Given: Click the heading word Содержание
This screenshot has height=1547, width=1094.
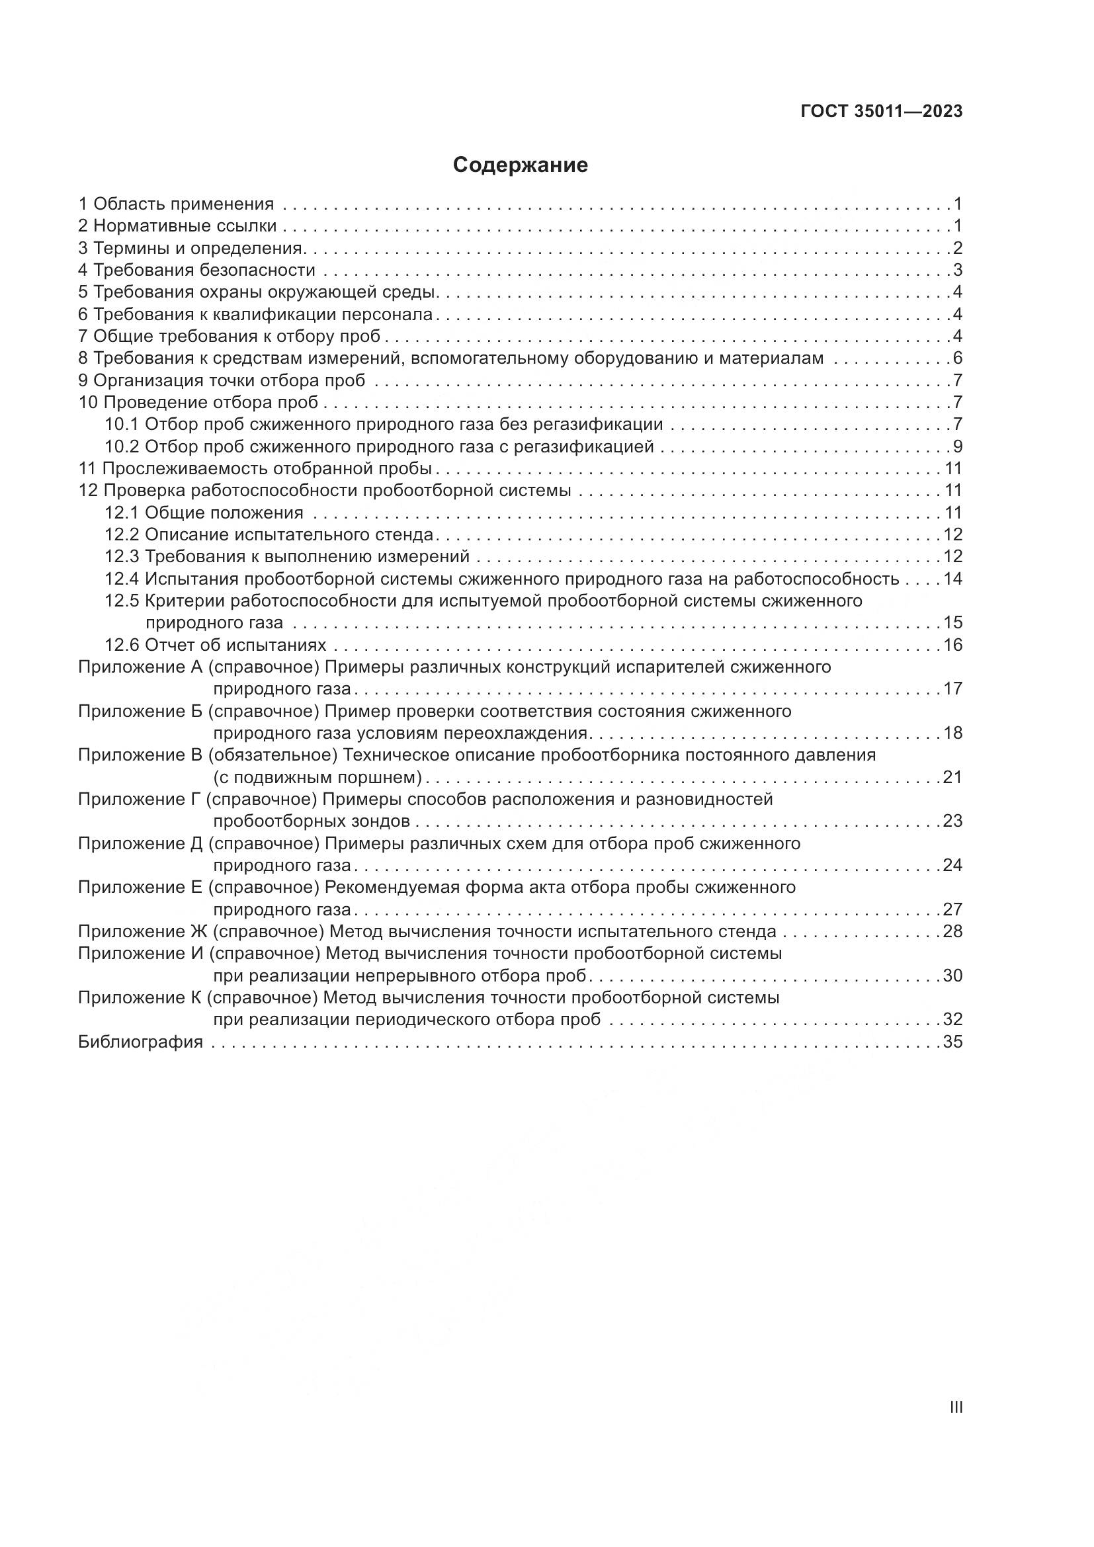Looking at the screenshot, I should click(x=520, y=165).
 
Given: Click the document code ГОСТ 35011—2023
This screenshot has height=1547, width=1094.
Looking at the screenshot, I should click(x=882, y=112).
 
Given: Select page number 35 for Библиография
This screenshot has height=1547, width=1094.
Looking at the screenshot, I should click(x=952, y=1042).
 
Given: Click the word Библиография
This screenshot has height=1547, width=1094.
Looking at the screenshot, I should click(x=141, y=1042).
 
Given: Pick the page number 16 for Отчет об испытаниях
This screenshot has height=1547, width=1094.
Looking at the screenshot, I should click(x=952, y=645).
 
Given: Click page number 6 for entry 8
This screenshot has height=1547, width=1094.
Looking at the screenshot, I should click(x=957, y=358).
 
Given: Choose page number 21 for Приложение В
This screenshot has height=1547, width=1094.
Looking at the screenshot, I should click(x=952, y=777).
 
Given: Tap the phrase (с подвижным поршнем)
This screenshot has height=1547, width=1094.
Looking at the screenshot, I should click(x=317, y=778).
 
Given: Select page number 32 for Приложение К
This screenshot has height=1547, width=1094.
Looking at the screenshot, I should click(x=952, y=1019).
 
